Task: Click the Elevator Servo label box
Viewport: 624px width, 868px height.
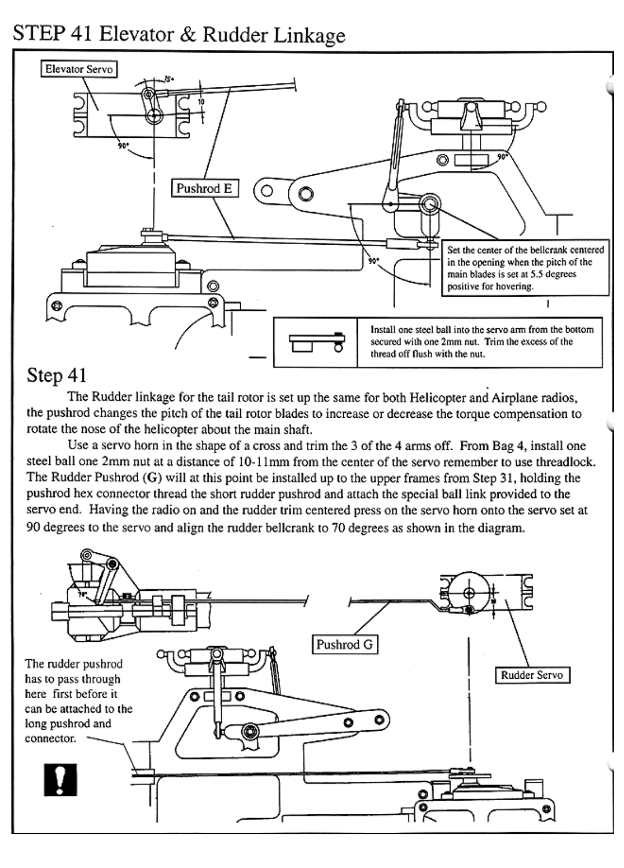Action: pos(79,69)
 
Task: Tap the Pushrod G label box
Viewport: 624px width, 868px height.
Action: pos(344,644)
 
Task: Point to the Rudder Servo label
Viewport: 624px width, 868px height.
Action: pos(532,675)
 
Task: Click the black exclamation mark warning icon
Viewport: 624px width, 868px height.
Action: pos(60,780)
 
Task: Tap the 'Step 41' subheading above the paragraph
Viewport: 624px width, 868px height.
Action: pos(56,375)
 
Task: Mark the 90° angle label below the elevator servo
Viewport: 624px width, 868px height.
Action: pos(124,146)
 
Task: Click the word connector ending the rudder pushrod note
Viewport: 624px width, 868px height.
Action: pos(50,738)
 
